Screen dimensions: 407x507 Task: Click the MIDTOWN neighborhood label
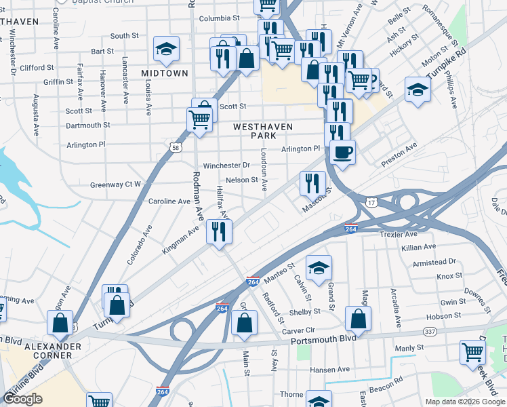(x=164, y=73)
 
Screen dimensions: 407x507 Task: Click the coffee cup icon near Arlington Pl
(x=343, y=153)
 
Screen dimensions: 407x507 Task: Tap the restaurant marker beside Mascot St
(x=312, y=183)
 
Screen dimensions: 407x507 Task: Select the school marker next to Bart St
(x=166, y=49)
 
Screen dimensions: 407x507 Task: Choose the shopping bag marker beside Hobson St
(x=358, y=319)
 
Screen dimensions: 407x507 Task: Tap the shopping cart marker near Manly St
(x=472, y=352)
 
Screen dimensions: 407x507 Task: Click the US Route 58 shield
(x=176, y=148)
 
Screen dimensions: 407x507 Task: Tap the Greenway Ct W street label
(x=116, y=185)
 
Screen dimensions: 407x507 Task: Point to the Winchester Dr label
(x=227, y=166)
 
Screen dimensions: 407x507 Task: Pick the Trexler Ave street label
(x=400, y=234)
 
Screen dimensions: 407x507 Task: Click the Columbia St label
(x=216, y=18)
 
